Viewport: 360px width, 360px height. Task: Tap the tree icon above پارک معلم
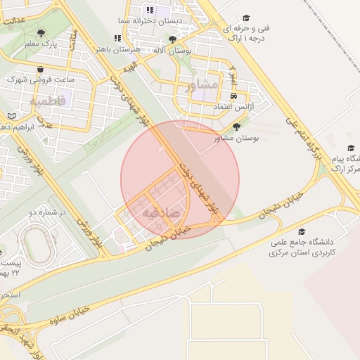40,32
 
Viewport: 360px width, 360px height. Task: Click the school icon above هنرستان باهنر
117,39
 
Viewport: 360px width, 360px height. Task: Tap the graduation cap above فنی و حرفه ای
246,18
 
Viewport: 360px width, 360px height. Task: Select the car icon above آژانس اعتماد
233,97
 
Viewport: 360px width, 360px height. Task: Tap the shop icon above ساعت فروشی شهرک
43,69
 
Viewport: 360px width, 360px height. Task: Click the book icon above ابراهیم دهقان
11,115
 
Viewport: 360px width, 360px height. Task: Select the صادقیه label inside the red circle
161,210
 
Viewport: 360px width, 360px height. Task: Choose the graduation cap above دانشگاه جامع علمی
302,231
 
